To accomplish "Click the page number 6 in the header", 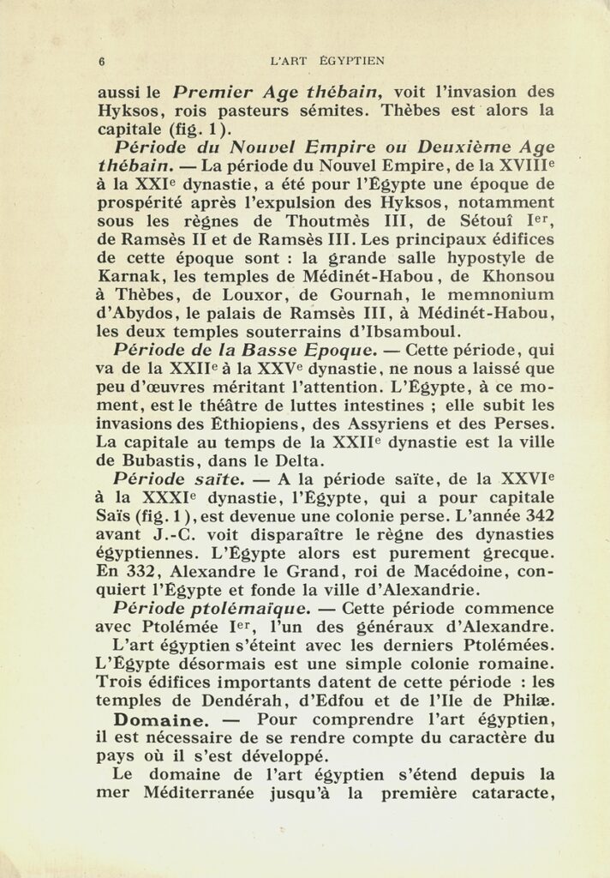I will point(102,62).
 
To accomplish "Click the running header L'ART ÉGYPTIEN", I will point(326,61).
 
